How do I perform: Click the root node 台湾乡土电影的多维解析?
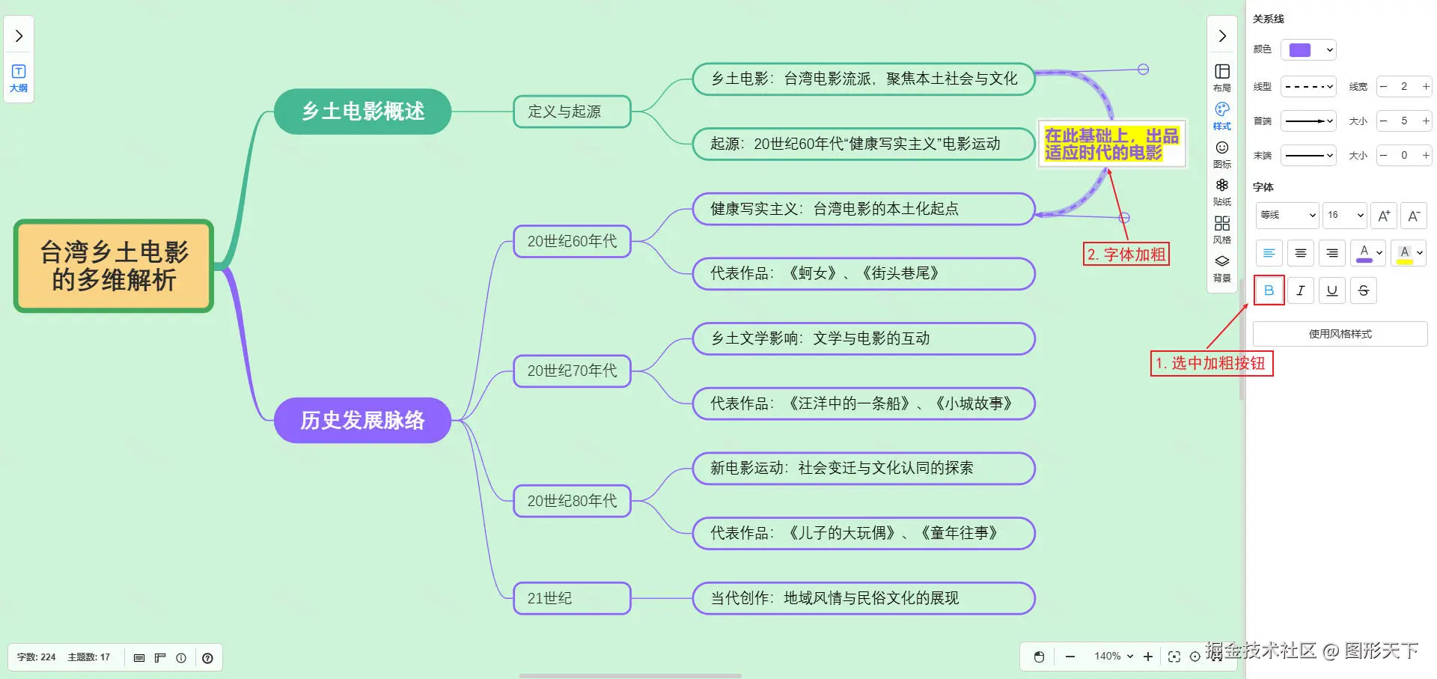point(114,266)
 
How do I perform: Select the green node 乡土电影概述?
point(362,112)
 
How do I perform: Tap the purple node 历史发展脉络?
point(362,420)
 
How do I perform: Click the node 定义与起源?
point(572,112)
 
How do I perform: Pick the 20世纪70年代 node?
point(572,371)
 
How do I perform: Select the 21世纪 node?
point(572,598)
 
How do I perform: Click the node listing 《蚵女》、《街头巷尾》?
point(863,273)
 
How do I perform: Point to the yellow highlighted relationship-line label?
point(1111,144)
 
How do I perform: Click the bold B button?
point(1269,290)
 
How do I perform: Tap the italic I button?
point(1301,290)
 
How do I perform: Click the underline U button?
point(1332,290)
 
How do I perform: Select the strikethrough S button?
point(1364,290)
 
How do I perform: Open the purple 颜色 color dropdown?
point(1308,50)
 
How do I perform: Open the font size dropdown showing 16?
point(1345,215)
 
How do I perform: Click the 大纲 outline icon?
point(19,77)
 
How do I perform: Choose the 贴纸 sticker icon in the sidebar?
point(1222,191)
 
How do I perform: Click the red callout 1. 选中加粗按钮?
point(1211,363)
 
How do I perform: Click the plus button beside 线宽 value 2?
point(1426,87)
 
